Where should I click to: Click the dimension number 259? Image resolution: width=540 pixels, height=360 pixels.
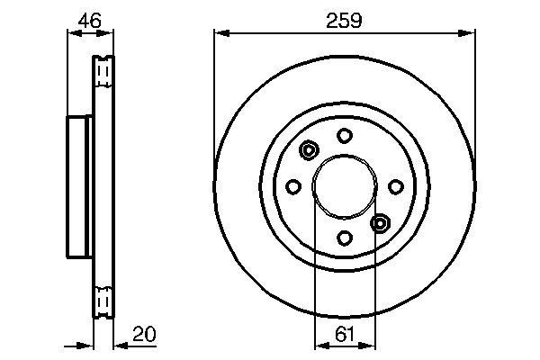(345, 21)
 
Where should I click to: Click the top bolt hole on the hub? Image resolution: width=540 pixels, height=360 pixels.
(344, 135)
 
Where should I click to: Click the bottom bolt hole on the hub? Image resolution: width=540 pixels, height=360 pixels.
(344, 238)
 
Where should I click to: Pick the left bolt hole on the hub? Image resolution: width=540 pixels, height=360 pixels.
(292, 186)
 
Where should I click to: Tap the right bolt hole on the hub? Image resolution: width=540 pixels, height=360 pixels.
(396, 186)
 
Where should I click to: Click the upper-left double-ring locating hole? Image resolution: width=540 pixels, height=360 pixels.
(310, 150)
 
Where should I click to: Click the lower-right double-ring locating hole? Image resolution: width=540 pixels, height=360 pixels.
(380, 222)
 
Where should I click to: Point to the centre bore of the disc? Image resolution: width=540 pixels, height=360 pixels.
(344, 186)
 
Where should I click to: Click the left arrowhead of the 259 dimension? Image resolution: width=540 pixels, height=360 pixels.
(220, 34)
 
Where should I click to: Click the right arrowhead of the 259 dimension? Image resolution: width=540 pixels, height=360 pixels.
(470, 34)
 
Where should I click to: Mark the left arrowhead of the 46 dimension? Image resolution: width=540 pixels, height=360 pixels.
(72, 34)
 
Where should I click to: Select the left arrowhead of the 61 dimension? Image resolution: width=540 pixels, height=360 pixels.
(318, 345)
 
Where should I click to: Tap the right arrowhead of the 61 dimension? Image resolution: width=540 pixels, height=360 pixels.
(370, 345)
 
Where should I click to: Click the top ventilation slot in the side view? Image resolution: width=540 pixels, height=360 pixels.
(103, 67)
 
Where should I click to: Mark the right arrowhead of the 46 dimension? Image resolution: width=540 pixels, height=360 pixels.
(111, 34)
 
